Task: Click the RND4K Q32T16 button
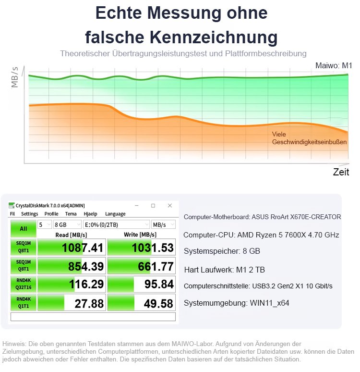pos(23,285)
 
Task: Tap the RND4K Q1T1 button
pos(23,303)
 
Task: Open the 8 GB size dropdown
pos(67,224)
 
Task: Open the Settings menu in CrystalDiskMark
pos(29,214)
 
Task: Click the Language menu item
pos(115,214)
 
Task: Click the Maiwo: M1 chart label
pos(334,66)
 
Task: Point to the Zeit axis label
pos(341,172)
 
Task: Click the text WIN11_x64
pos(270,303)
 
